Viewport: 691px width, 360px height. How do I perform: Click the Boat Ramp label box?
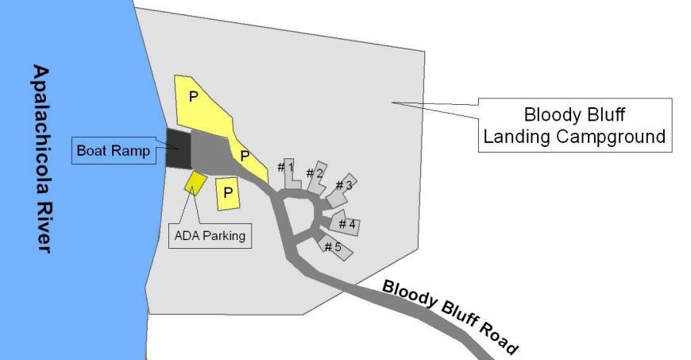coord(114,150)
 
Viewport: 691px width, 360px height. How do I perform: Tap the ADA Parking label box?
coord(210,235)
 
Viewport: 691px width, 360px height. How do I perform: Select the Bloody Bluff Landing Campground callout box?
coord(575,126)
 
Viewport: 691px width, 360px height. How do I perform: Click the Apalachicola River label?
coord(42,159)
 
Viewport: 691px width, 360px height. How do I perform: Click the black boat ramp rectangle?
coord(178,149)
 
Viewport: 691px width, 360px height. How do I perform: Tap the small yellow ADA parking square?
coord(195,183)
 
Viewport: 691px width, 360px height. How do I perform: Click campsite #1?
coord(291,174)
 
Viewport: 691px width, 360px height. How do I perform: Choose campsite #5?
coord(336,247)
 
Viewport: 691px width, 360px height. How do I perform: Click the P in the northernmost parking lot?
coord(193,97)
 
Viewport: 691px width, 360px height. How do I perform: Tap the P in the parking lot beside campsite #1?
coord(245,156)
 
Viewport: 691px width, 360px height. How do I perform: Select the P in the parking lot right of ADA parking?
coord(228,192)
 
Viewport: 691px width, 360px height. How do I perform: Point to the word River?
coord(43,226)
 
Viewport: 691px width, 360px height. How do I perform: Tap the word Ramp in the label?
coord(130,151)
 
